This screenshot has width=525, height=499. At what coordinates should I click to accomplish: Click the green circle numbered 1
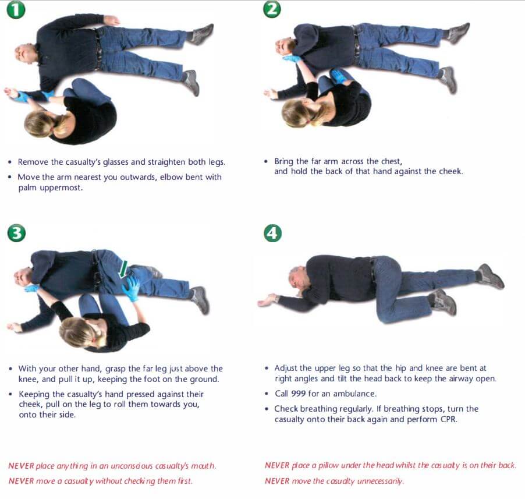point(16,9)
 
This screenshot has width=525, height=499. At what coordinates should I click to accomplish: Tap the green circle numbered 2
point(272,9)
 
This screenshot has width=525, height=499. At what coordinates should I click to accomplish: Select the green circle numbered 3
point(16,233)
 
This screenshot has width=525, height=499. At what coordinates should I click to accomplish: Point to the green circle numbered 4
point(272,233)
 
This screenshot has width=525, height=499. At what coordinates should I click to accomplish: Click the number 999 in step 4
point(298,394)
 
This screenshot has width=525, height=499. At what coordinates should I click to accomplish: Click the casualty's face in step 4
point(295,279)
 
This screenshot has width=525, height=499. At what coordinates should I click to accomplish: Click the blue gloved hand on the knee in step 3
point(131,287)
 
